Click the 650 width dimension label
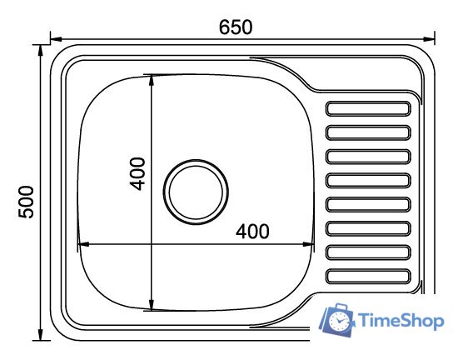point(236,27)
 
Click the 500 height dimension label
point(26,202)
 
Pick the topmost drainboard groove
point(368,108)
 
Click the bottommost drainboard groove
point(368,276)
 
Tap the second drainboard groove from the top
point(368,132)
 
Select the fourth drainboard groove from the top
point(368,181)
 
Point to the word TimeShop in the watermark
point(401,320)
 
